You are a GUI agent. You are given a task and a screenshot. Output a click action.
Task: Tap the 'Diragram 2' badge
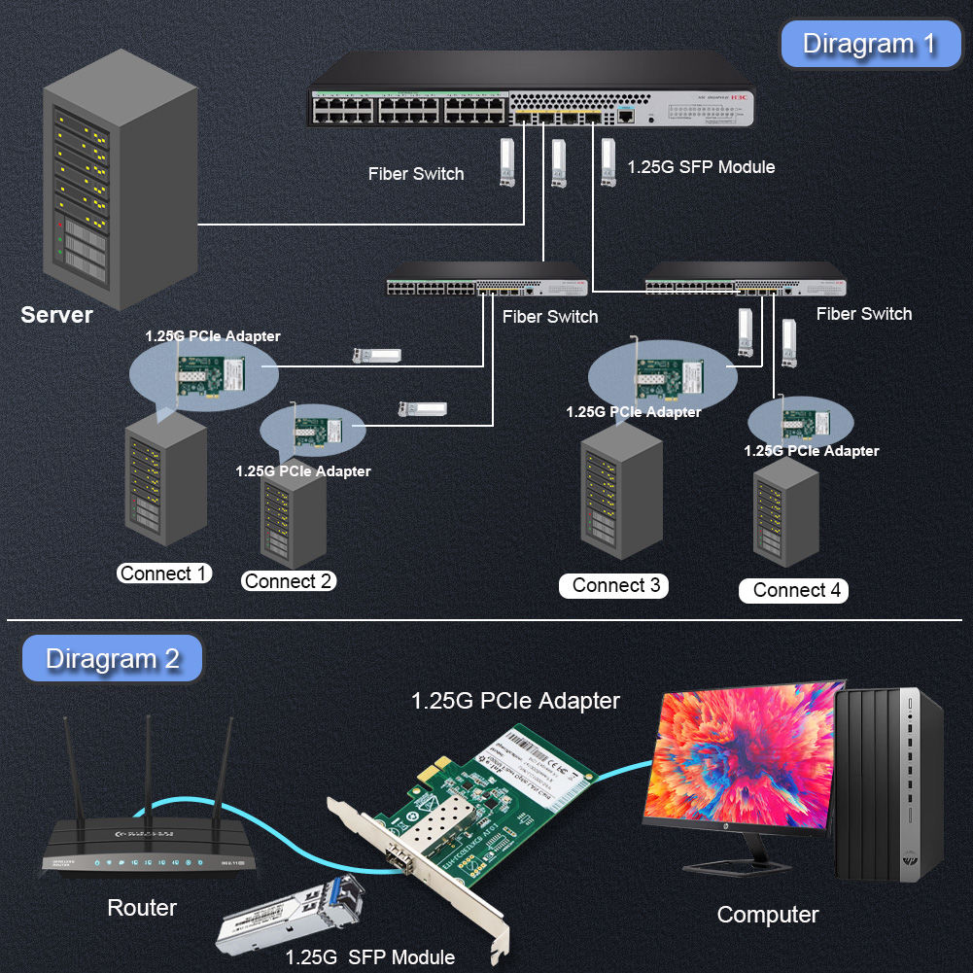pyautogui.click(x=113, y=659)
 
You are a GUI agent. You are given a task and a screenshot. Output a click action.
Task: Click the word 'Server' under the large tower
pyautogui.click(x=56, y=315)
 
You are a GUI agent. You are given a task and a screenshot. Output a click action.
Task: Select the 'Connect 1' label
pyautogui.click(x=163, y=573)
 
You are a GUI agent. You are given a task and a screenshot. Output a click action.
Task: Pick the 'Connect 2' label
pyautogui.click(x=289, y=581)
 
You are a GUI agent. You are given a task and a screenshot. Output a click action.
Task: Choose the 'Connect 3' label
pyautogui.click(x=615, y=585)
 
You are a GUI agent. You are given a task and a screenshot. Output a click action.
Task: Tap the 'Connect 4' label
pyautogui.click(x=796, y=590)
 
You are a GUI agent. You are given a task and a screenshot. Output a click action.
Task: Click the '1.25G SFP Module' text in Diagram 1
pyautogui.click(x=701, y=167)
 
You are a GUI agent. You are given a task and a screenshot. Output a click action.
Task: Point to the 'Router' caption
pyautogui.click(x=142, y=908)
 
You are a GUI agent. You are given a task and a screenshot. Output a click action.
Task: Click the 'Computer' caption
pyautogui.click(x=767, y=915)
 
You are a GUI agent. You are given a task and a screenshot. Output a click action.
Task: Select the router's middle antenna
pyautogui.click(x=149, y=768)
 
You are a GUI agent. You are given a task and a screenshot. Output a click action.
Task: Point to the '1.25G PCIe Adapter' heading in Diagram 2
pyautogui.click(x=515, y=700)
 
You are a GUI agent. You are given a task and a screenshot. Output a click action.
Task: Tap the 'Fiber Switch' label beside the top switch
pyautogui.click(x=416, y=174)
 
